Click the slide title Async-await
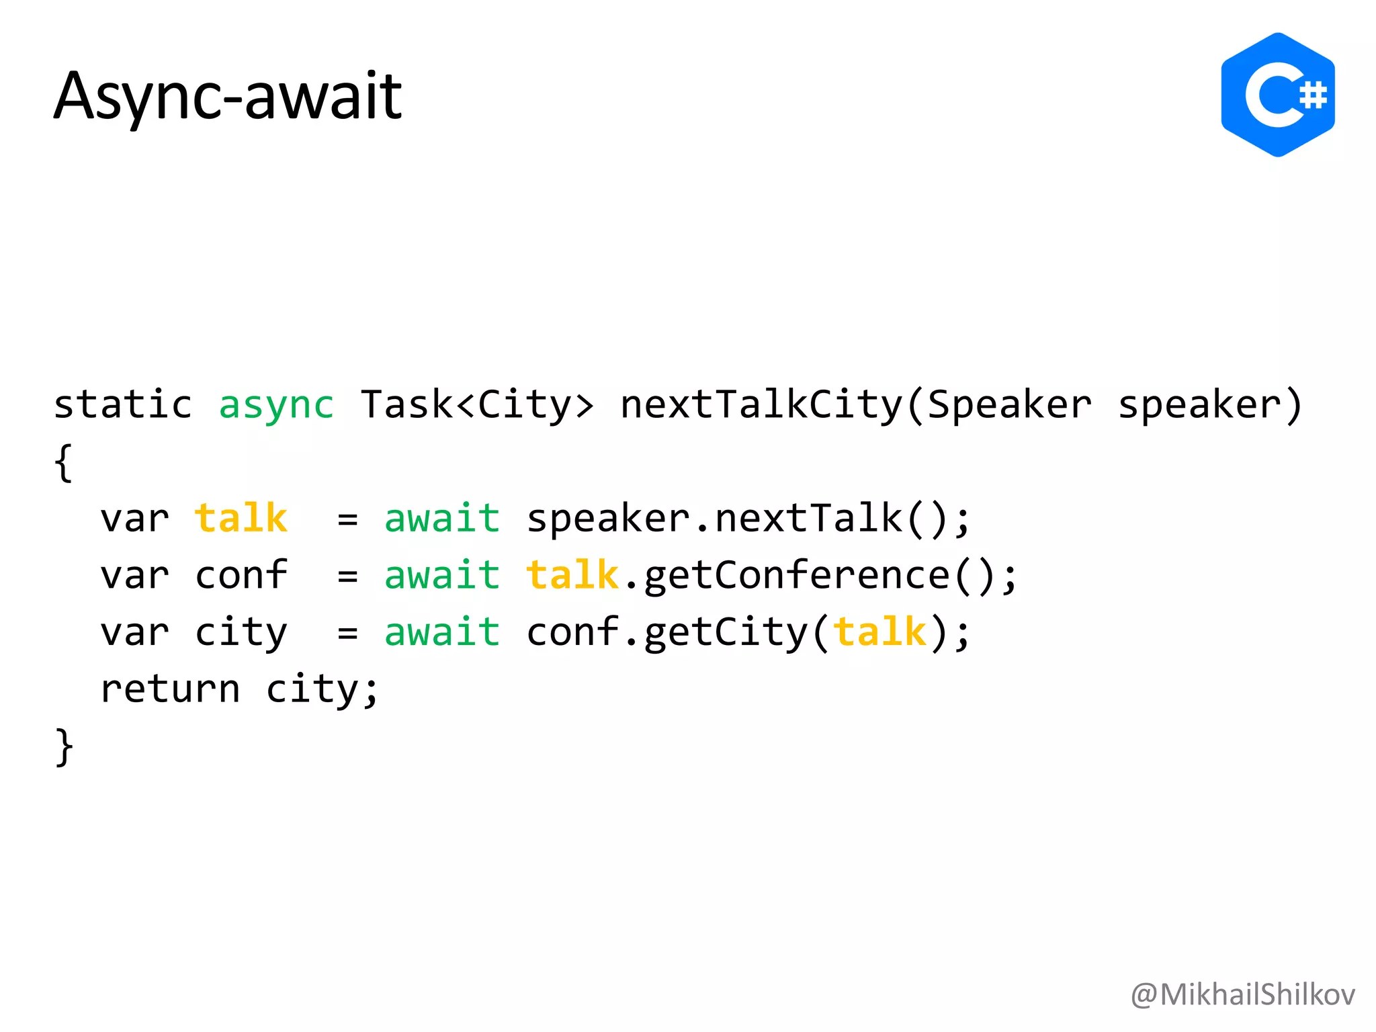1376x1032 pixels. click(227, 96)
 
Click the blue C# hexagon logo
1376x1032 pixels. click(1277, 95)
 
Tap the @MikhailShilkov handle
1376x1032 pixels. click(1242, 994)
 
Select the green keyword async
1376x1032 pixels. click(276, 405)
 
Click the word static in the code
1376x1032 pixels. click(123, 405)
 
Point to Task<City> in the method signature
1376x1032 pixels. click(477, 405)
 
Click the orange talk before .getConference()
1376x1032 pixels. click(572, 576)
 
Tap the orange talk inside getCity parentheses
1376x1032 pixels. click(879, 632)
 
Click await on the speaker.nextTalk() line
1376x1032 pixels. click(442, 519)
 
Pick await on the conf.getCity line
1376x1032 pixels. click(442, 632)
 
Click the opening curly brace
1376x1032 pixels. click(63, 463)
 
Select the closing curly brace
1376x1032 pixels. click(63, 746)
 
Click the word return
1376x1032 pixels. click(170, 689)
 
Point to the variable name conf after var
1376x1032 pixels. click(241, 576)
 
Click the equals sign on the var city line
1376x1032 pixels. click(347, 633)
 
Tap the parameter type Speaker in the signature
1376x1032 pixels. click(1009, 405)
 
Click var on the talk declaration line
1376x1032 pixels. click(134, 519)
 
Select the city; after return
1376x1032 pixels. click(322, 689)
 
